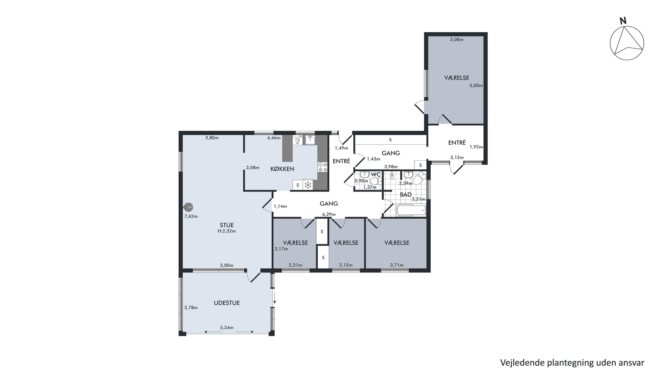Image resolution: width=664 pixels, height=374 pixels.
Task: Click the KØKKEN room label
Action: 282,169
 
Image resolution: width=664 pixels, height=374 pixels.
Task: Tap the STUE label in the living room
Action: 227,225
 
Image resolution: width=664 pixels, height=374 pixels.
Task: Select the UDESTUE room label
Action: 227,303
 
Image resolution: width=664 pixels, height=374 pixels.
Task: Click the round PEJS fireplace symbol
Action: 188,207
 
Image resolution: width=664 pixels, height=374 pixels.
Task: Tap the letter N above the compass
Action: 623,21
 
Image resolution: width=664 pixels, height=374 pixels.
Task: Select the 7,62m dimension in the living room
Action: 191,217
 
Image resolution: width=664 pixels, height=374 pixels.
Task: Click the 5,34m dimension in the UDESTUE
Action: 227,327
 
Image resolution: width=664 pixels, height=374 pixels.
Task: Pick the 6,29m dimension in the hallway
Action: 329,214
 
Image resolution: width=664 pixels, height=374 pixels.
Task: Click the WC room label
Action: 376,174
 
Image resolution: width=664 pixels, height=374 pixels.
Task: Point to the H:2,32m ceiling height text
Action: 227,231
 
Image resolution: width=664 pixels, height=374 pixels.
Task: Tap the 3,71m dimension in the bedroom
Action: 397,265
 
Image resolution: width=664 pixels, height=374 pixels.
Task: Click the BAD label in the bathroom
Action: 405,195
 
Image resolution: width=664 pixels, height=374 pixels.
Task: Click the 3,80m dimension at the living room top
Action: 212,138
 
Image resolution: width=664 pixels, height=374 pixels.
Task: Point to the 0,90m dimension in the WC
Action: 361,181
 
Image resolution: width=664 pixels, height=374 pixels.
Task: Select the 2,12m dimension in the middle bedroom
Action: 346,265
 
